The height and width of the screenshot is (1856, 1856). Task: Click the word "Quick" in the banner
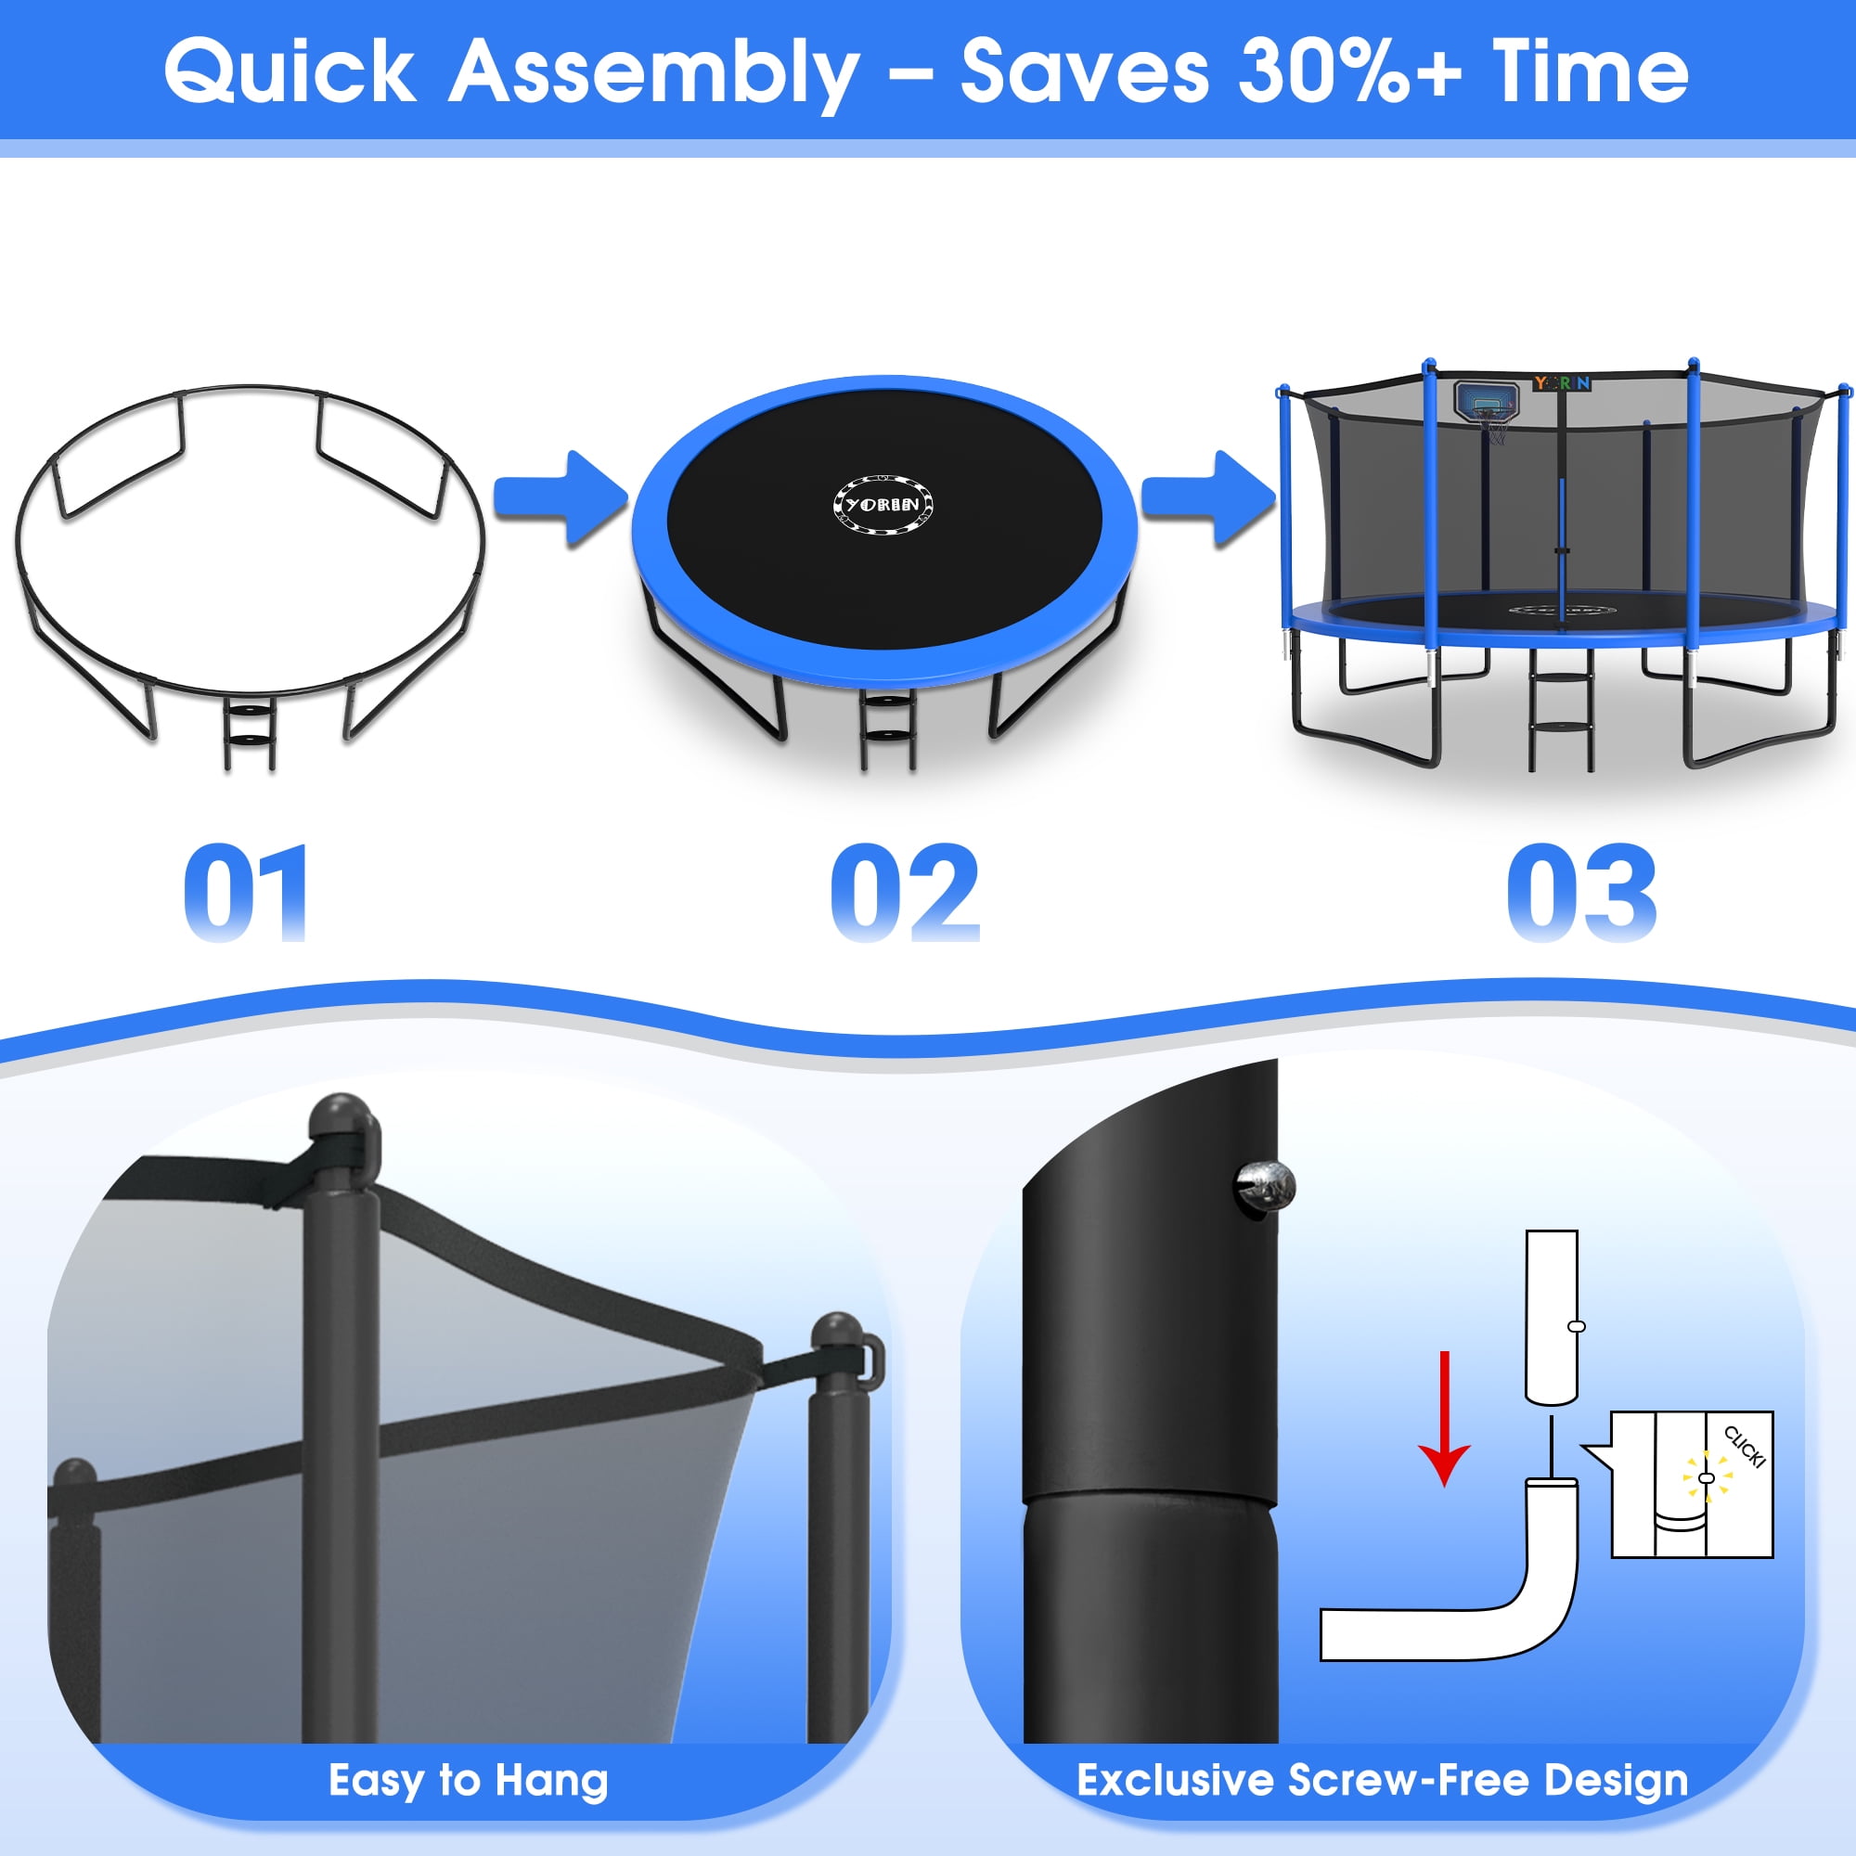pyautogui.click(x=290, y=73)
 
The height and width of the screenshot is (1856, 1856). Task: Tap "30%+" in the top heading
pyautogui.click(x=1349, y=71)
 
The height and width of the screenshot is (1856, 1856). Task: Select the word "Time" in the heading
pyautogui.click(x=1590, y=71)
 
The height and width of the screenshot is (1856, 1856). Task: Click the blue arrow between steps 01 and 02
pyautogui.click(x=561, y=498)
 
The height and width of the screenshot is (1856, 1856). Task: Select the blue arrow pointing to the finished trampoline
pyautogui.click(x=1208, y=498)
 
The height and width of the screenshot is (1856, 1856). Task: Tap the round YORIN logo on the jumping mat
pyautogui.click(x=883, y=503)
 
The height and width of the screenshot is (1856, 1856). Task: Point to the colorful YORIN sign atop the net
pyautogui.click(x=1562, y=383)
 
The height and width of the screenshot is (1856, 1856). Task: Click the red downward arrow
pyautogui.click(x=1444, y=1418)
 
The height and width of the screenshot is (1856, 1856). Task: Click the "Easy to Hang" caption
pyautogui.click(x=468, y=1781)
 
